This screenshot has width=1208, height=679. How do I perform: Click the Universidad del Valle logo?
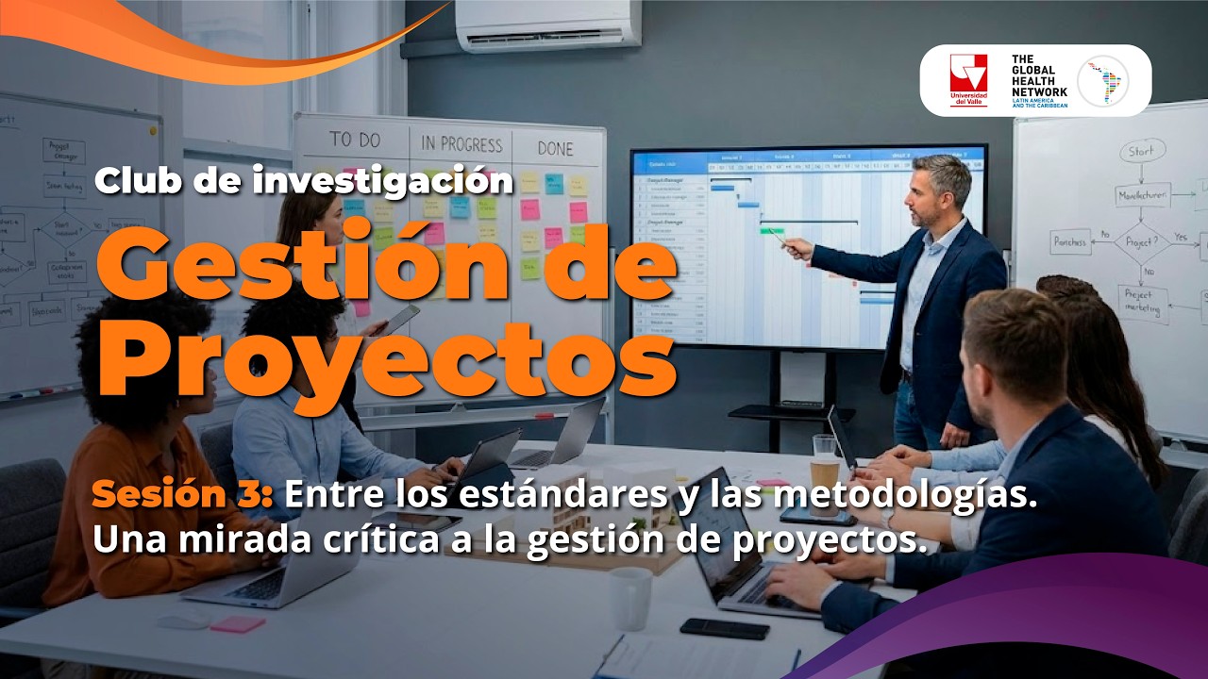968,79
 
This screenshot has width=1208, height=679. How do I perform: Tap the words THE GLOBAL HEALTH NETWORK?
1039,75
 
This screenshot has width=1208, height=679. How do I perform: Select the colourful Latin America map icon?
1102,80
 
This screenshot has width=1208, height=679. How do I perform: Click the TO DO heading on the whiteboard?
355,141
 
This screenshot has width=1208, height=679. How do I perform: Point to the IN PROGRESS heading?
461,144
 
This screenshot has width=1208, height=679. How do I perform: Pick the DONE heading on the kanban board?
555,148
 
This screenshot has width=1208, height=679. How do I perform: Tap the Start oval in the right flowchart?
1142,151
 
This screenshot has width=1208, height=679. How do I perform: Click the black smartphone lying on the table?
724,628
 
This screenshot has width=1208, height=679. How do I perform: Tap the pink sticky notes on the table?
237,624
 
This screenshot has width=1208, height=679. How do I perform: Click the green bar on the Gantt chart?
770,229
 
